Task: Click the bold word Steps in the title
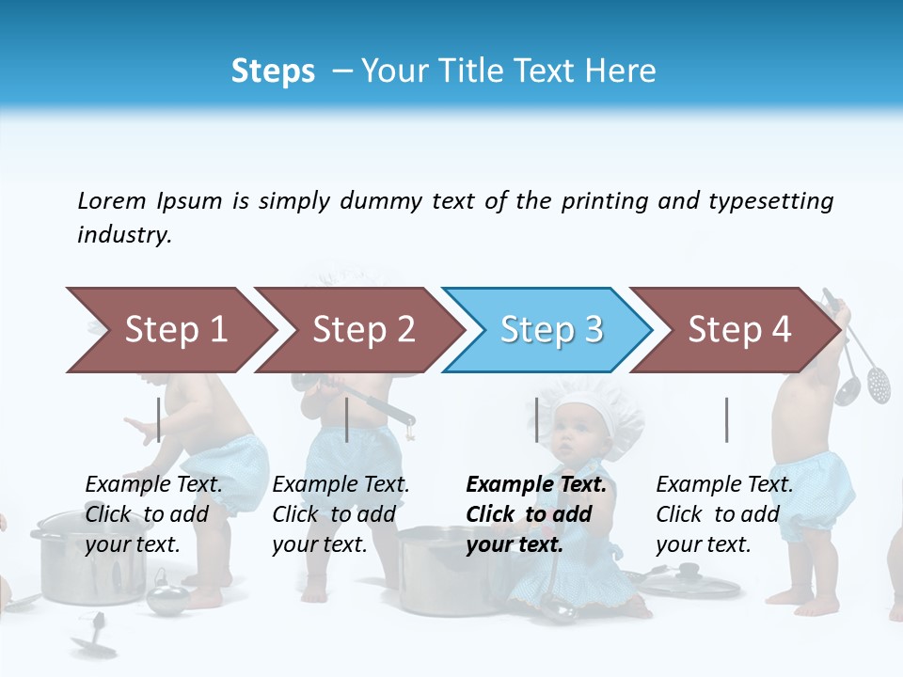(x=273, y=71)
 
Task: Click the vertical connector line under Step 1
(x=159, y=419)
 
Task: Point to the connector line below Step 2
(x=347, y=419)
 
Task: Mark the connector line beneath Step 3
(x=536, y=419)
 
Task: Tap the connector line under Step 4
(x=726, y=419)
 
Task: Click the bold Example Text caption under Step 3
(x=536, y=514)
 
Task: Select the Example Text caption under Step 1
(x=153, y=514)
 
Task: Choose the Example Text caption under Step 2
(x=341, y=514)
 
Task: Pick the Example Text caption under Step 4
(x=724, y=514)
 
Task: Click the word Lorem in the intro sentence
(x=111, y=200)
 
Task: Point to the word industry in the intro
(x=124, y=235)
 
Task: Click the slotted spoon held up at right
(x=879, y=381)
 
